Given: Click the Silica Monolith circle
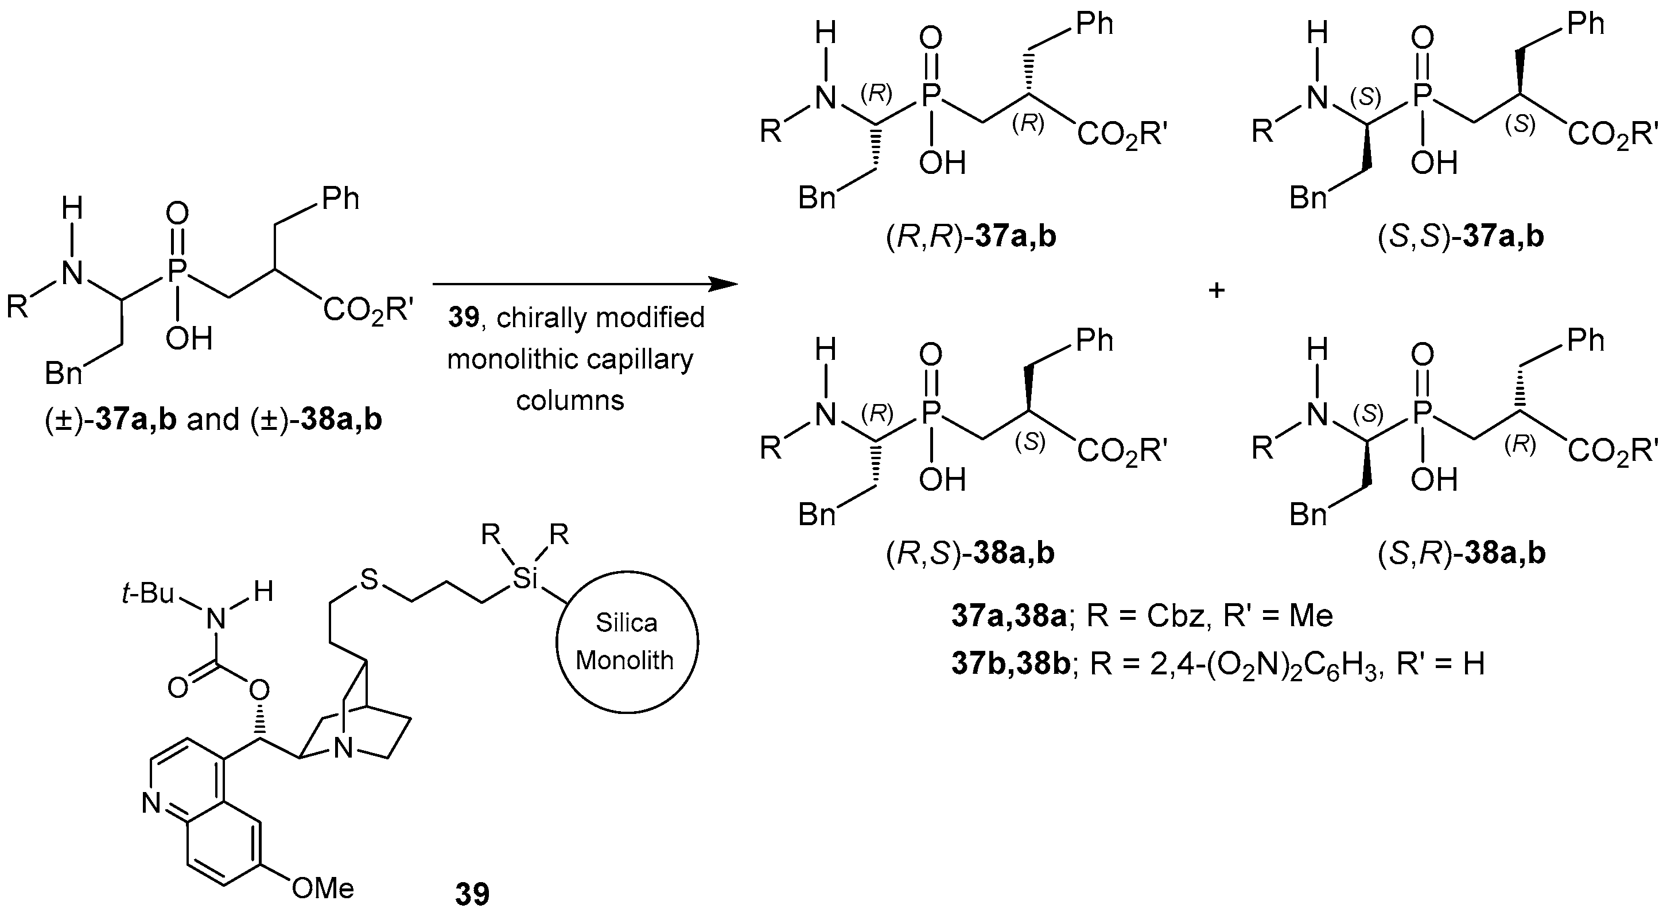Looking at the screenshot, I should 626,642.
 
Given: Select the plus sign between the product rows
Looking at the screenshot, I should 1217,291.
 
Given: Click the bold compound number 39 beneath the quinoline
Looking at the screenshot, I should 472,894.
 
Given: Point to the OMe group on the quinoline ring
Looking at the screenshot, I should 323,888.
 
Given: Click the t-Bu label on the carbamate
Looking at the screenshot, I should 148,593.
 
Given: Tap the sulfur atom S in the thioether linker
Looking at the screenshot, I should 368,580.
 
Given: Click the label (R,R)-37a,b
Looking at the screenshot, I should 971,237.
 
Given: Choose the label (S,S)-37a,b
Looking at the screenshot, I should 1461,237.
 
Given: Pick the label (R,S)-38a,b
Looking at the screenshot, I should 971,553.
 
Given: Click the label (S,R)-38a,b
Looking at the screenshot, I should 1461,553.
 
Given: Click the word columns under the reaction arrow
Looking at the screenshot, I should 570,401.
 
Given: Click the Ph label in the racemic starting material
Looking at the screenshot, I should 340,199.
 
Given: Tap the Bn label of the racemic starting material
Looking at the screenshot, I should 63,373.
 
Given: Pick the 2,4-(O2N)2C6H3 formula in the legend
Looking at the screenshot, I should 1266,663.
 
